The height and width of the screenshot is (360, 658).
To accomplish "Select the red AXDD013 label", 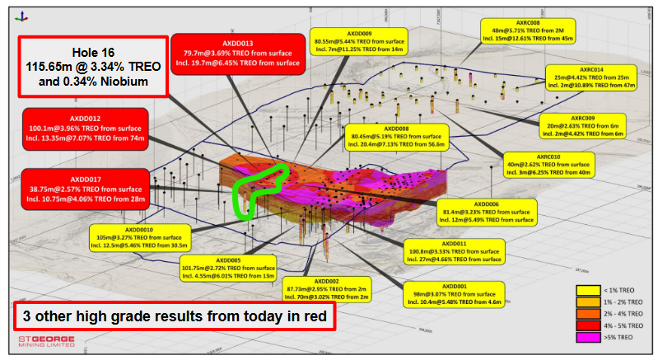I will pyautogui.click(x=237, y=52).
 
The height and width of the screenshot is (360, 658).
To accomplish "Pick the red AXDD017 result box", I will pyautogui.click(x=85, y=189).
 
